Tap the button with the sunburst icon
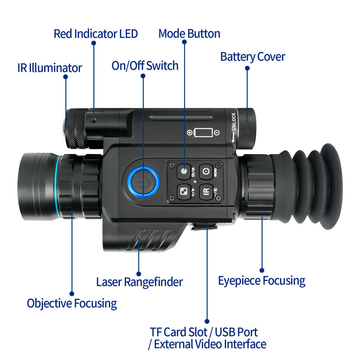coord(184,171)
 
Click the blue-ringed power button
coord(143,180)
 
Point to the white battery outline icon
coord(203,133)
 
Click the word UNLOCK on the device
coord(234,121)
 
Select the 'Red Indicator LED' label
coord(96,34)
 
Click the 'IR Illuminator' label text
coord(49,68)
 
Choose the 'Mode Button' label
coord(189,33)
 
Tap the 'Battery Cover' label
coord(252,57)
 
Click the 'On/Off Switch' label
coord(145,66)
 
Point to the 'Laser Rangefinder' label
coord(139,282)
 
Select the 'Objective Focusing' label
coord(72,303)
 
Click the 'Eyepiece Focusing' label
coord(261,280)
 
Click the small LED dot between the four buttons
coord(195,181)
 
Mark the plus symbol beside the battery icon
coord(190,133)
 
